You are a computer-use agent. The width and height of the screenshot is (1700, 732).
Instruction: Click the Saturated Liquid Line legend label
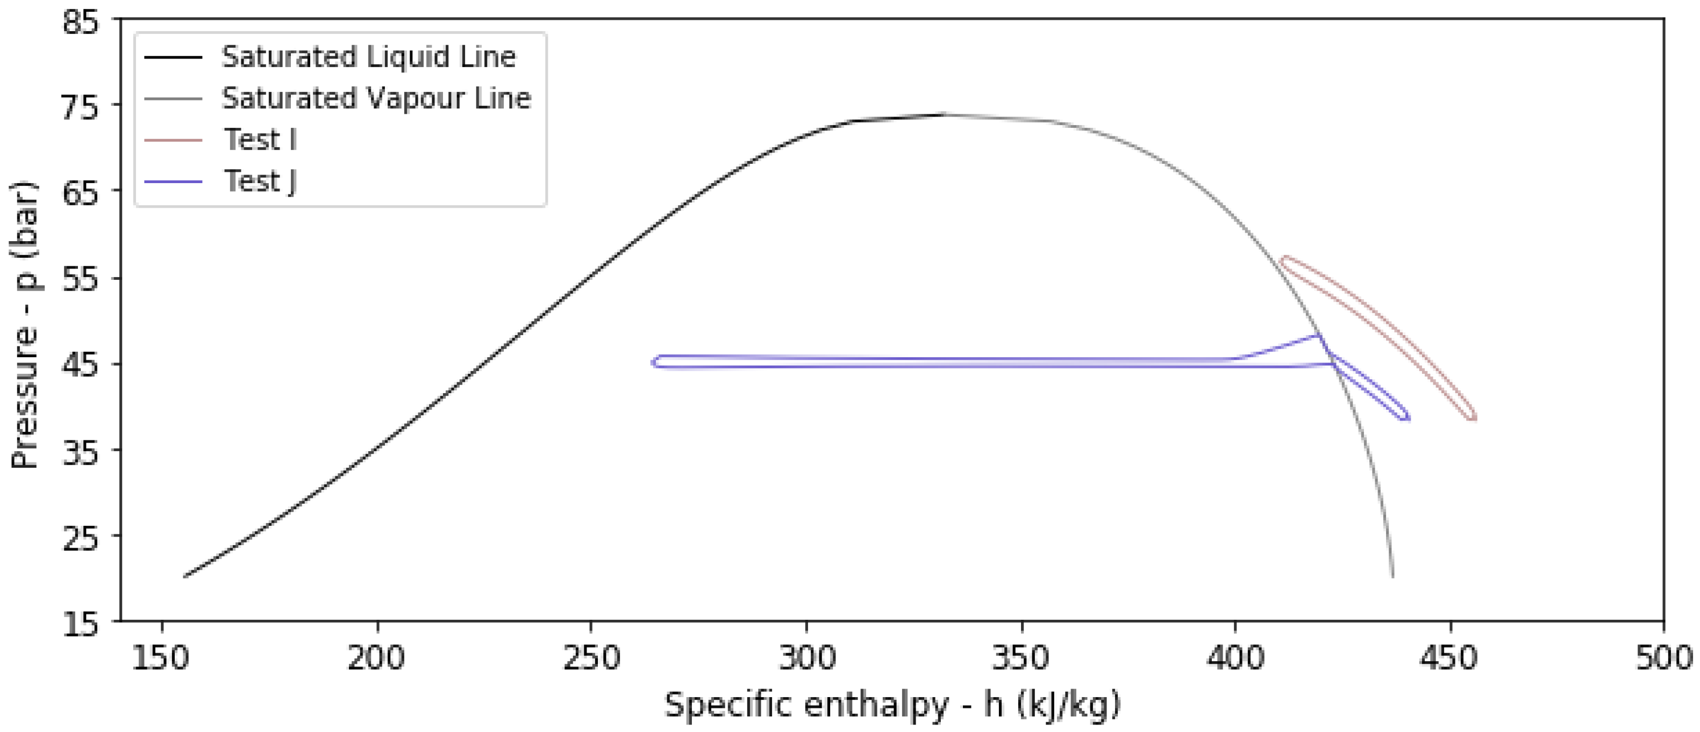[368, 57]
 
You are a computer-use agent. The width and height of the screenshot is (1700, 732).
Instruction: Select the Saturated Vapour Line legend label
[376, 98]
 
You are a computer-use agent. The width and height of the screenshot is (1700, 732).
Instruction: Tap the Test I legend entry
[260, 140]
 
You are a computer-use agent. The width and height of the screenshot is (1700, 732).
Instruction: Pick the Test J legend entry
[260, 180]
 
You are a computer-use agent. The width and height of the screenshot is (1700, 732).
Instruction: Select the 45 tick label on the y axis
[81, 364]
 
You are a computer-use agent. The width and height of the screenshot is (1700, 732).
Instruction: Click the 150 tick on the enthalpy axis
[162, 658]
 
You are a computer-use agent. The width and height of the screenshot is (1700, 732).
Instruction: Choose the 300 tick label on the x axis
[806, 658]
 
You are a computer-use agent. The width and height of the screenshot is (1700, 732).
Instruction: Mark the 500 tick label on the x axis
[1663, 658]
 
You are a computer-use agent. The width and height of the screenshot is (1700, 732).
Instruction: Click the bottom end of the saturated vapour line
[1392, 576]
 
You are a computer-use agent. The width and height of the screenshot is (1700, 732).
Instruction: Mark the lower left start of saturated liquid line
[185, 576]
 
